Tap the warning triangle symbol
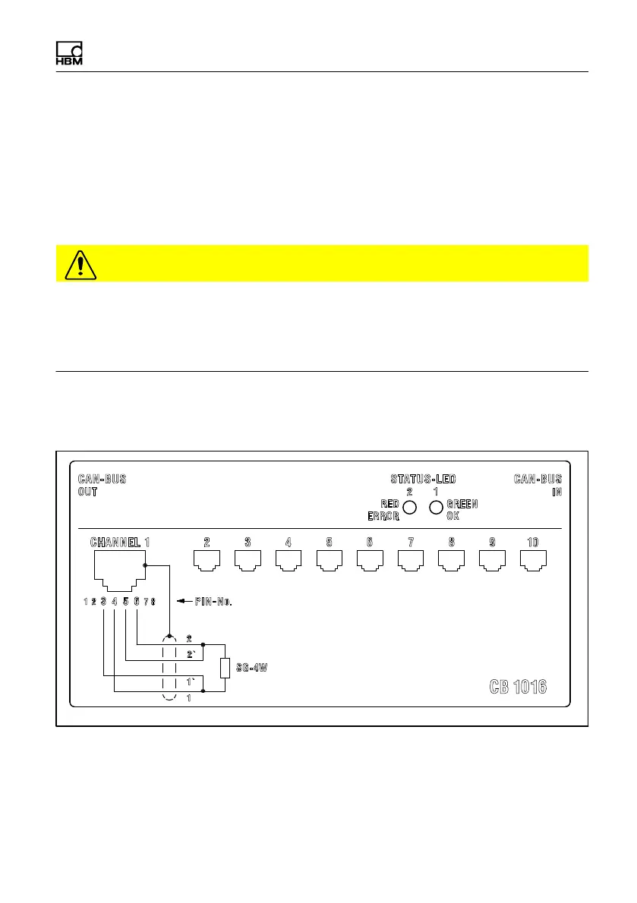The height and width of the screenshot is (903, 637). tap(77, 263)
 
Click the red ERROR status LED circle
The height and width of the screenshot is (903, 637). tap(409, 507)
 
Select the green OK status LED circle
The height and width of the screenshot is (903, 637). tap(436, 507)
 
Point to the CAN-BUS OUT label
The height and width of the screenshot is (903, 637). tap(102, 485)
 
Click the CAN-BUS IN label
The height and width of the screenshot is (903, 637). tap(538, 485)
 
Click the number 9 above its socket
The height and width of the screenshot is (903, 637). tap(493, 543)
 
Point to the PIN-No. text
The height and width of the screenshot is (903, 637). tap(213, 603)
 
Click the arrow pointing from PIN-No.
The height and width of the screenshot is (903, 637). tap(184, 603)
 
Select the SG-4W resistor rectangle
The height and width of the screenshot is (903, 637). tap(225, 668)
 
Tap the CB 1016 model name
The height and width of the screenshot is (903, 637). tap(518, 687)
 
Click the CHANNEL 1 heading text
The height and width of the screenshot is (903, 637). tap(120, 543)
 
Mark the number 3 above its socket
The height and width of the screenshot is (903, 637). tap(248, 543)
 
